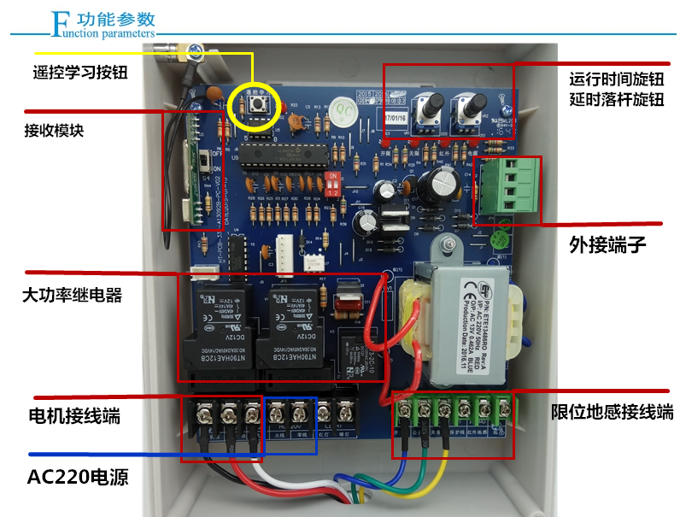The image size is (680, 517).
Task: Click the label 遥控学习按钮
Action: (78, 73)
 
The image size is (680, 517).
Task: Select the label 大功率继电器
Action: (72, 296)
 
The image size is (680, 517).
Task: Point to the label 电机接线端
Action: (74, 417)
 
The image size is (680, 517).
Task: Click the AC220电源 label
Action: (78, 476)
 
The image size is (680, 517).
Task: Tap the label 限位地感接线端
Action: (612, 413)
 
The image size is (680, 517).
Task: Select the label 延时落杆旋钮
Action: (616, 99)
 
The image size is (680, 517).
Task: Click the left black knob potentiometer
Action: (430, 107)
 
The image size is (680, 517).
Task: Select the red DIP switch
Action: (333, 183)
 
